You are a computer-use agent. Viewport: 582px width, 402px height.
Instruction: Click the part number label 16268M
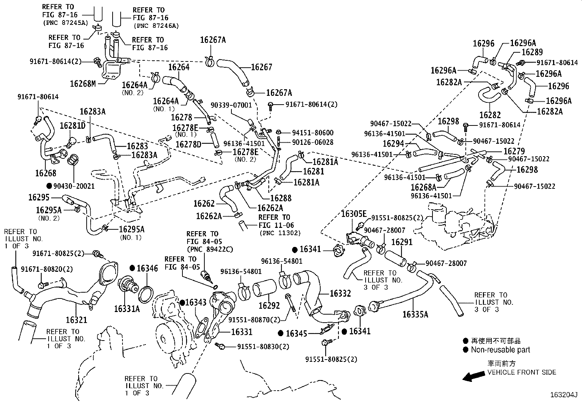[83, 84]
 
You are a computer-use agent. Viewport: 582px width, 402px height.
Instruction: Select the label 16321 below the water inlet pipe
[76, 320]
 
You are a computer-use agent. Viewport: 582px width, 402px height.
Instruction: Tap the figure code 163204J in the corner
[563, 395]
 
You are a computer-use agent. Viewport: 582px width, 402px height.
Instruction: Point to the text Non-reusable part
[500, 350]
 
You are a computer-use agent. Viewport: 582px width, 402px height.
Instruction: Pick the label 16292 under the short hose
[269, 305]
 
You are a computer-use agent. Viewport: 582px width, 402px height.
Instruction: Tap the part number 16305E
[354, 213]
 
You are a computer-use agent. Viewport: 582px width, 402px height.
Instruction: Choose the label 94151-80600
[313, 133]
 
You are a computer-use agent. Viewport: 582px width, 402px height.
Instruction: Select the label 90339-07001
[231, 105]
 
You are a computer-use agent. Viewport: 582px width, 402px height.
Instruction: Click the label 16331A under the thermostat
[126, 308]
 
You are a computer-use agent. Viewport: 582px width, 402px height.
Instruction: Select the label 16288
[280, 198]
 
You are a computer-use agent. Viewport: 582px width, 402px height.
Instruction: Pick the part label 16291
[401, 242]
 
